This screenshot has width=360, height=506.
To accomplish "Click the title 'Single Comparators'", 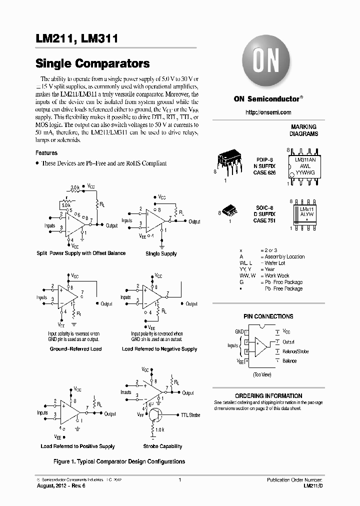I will pos(92,64).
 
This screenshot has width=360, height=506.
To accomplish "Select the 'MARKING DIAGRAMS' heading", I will pos(303,130).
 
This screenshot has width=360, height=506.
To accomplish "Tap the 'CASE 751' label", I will pos(264,220).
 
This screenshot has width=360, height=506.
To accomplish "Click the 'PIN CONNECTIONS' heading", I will pos(268,316).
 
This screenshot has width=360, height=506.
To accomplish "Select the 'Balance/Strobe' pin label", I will pos(295,351).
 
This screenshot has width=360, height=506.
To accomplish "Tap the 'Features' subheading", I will pos(46,153).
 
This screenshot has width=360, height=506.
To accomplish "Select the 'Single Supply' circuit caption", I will pos(161,253).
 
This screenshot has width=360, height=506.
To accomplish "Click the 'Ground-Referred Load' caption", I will pos(75,349).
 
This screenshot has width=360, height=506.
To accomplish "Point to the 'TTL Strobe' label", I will pos(190,415).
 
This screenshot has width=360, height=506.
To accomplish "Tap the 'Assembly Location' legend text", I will pos(284,256).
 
